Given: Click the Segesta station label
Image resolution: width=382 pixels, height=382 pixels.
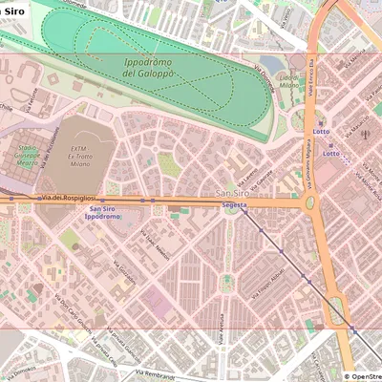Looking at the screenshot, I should pyautogui.click(x=234, y=205).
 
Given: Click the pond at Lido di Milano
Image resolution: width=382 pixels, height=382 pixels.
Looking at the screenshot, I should pyautogui.click(x=275, y=64).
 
